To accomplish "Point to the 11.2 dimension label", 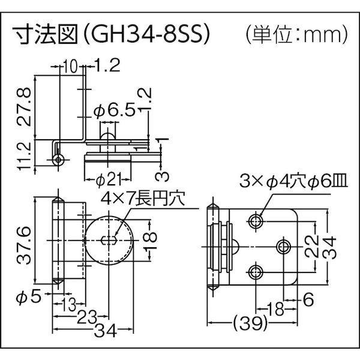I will (23, 154).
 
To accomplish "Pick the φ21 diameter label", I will (108, 179).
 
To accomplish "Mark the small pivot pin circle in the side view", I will (58, 159).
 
